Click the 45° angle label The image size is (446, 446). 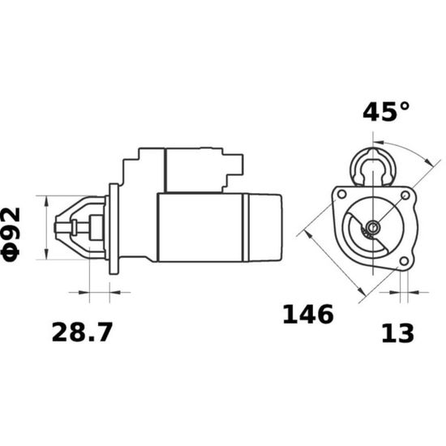tap(386, 112)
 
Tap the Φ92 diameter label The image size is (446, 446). tap(11, 234)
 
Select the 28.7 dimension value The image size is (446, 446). tap(82, 332)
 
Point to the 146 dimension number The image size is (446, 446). tap(308, 314)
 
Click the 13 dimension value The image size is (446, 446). tap(397, 333)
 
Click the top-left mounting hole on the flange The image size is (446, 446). tap(341, 195)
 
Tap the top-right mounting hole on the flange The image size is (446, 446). tap(405, 195)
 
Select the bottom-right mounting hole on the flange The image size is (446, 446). tap(404, 261)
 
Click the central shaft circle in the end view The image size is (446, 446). tap(372, 227)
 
